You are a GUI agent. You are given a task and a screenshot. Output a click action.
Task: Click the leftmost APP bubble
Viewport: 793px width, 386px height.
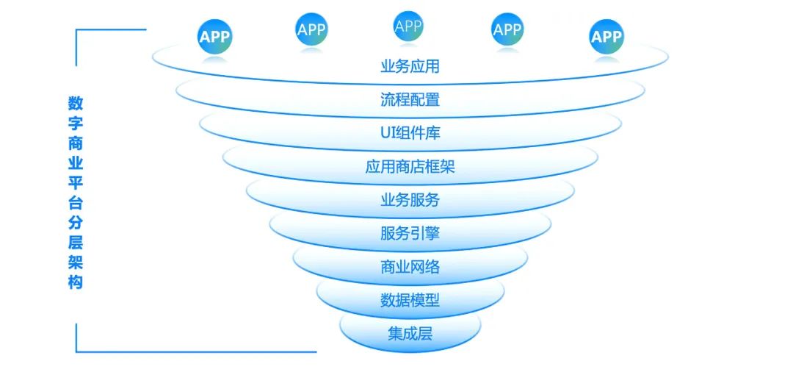point(215,37)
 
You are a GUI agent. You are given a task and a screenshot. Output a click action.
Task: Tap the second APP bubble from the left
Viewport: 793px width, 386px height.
point(311,29)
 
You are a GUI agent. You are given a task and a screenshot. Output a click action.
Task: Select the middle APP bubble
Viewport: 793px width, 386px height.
point(408,26)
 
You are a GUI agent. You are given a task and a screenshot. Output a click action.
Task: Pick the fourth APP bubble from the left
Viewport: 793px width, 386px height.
point(507,29)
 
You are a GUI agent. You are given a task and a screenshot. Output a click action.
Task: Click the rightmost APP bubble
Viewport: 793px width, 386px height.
point(606,37)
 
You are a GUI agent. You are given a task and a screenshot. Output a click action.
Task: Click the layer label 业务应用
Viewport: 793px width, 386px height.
point(410,66)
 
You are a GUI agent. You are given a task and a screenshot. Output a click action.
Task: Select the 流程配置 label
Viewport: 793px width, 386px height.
point(410,99)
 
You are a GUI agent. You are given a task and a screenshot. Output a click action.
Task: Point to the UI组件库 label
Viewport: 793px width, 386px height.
point(410,133)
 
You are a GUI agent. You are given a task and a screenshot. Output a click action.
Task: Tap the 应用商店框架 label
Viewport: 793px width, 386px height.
point(410,167)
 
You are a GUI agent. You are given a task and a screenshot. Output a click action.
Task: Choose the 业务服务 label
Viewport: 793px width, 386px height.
point(410,200)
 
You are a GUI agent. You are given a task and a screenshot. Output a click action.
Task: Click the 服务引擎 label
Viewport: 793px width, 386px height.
point(410,234)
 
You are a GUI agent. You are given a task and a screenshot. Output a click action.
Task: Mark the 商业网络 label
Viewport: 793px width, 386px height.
point(410,267)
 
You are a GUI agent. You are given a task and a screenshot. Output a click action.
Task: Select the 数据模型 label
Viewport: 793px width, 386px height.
point(410,301)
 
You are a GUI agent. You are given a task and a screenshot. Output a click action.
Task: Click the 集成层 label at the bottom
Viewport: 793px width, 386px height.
point(410,334)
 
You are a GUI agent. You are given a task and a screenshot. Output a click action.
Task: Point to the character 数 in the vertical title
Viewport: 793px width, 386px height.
point(76,103)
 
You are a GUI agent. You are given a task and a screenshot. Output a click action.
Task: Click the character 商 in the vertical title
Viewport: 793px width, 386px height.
point(76,143)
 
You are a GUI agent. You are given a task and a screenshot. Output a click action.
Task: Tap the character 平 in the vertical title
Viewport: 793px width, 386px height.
point(76,182)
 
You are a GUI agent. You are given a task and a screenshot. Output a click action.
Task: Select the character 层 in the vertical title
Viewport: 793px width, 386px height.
point(76,242)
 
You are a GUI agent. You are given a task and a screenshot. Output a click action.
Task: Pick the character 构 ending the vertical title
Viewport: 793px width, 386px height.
point(76,282)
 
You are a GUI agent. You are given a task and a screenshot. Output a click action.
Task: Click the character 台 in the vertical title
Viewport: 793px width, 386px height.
point(76,203)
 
